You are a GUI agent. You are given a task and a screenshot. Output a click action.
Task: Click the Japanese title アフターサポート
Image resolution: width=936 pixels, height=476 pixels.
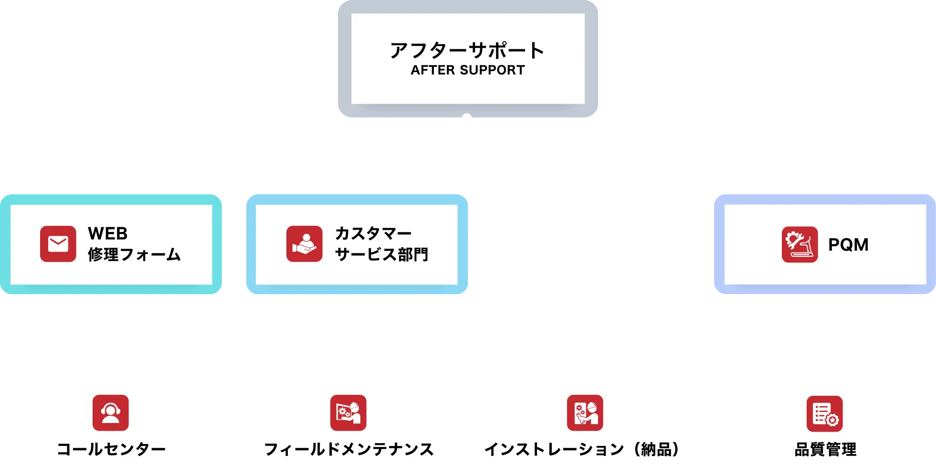(x=467, y=50)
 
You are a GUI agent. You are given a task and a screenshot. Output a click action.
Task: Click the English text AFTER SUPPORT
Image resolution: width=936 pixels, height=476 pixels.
(x=467, y=70)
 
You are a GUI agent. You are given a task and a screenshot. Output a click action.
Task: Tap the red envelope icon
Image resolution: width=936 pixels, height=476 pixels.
(x=58, y=244)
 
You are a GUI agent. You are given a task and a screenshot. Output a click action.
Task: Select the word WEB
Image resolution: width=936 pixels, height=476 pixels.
(x=108, y=233)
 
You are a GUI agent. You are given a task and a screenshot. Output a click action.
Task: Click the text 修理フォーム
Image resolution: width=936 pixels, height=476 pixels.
(x=134, y=254)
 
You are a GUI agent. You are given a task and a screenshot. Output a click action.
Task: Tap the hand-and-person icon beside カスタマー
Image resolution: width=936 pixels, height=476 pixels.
(x=304, y=244)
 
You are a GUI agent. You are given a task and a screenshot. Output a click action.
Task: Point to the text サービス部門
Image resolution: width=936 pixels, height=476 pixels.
(x=381, y=254)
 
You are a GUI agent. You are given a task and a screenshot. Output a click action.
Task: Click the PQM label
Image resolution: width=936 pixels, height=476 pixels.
(x=848, y=244)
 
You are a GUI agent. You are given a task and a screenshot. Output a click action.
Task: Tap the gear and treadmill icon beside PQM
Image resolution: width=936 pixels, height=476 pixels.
(x=799, y=244)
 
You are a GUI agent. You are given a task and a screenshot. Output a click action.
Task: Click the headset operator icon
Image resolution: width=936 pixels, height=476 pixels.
(x=111, y=413)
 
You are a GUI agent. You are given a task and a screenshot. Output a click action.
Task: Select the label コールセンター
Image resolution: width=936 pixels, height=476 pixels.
(x=111, y=449)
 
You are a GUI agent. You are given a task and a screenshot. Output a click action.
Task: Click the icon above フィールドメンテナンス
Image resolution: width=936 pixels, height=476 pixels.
(x=348, y=413)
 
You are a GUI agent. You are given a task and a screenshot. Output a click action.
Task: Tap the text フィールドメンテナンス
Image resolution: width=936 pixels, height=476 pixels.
(x=349, y=449)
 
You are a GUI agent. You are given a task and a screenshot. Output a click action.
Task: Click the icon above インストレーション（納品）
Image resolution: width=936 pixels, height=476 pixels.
(x=585, y=413)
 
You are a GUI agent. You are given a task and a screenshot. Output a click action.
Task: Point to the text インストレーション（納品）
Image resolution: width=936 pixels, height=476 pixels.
(x=583, y=449)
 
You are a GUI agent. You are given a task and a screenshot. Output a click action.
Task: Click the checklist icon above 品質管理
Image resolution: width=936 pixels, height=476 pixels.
(x=824, y=413)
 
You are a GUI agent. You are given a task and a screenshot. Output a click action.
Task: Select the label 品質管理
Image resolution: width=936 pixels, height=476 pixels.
(x=825, y=449)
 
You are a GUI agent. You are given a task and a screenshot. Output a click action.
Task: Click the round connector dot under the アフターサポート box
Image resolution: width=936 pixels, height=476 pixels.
(x=467, y=118)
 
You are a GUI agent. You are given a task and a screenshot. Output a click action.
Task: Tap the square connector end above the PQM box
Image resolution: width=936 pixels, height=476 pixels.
(x=824, y=185)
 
